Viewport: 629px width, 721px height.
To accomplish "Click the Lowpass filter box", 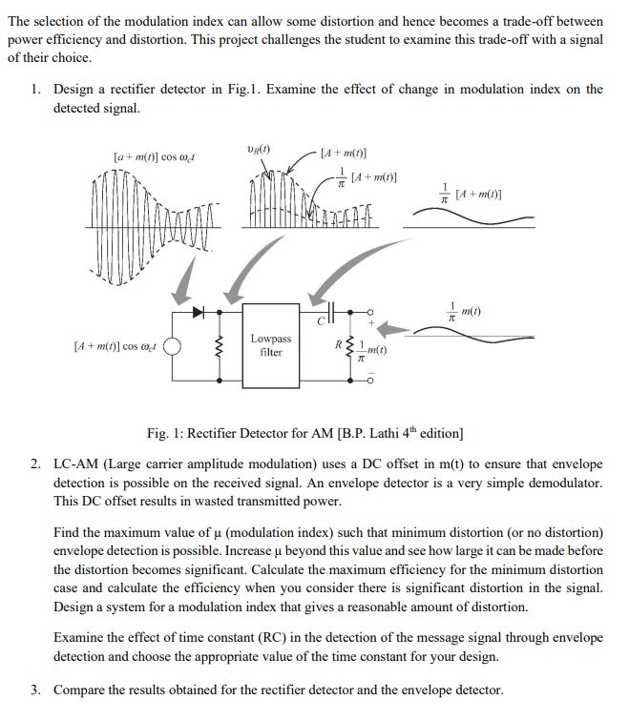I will (270, 345).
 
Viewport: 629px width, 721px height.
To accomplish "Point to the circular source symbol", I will (174, 345).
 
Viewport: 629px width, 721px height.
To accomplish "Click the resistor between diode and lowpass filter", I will (220, 345).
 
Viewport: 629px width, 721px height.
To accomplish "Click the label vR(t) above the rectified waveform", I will (258, 151).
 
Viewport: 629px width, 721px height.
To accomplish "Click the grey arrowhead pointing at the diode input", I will (181, 296).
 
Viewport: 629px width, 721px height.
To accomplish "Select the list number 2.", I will (34, 463).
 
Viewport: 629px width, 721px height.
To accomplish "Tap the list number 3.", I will (34, 690).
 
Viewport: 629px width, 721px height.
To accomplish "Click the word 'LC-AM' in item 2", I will (75, 463).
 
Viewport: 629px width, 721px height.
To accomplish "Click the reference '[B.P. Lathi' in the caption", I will (367, 434).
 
